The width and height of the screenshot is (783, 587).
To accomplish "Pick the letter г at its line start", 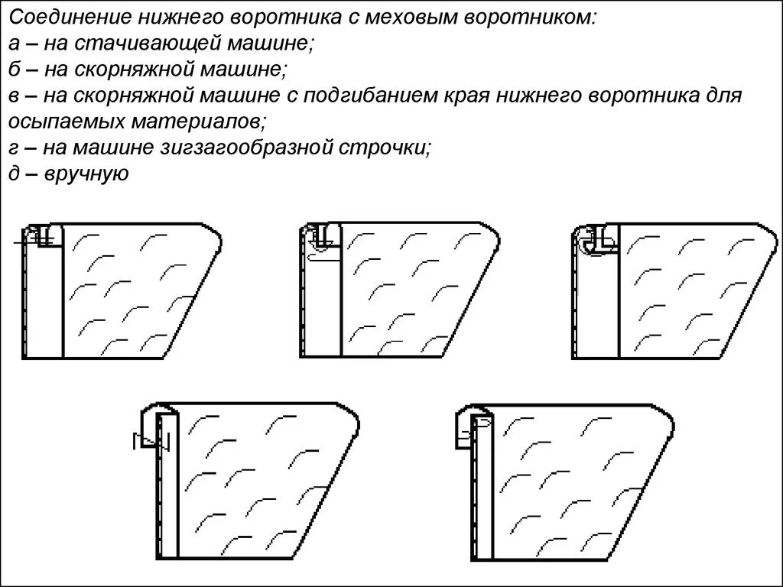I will click(15, 148).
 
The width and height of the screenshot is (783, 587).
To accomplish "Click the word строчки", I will click(388, 148).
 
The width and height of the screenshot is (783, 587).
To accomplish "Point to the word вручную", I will click(86, 174).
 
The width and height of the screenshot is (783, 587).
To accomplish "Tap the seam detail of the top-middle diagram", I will click(321, 238).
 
